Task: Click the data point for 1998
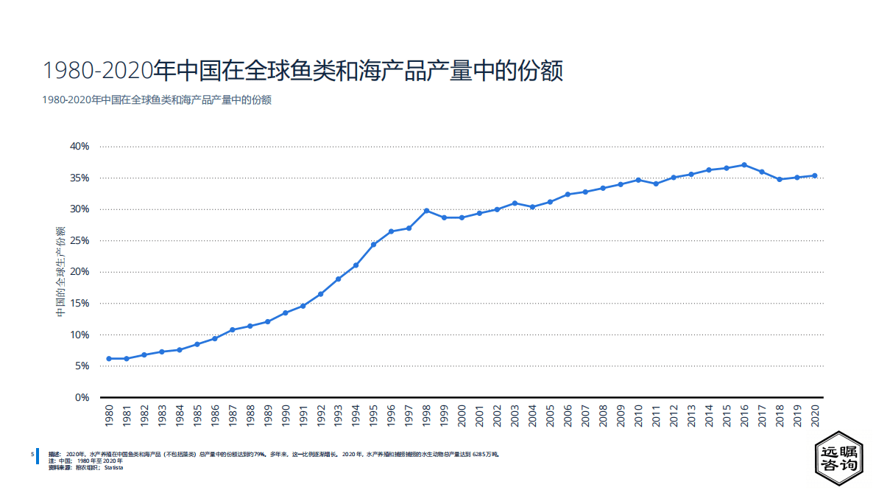pyautogui.click(x=427, y=211)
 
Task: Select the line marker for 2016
pyautogui.click(x=744, y=165)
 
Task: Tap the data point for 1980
pyautogui.click(x=109, y=359)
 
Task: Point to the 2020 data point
pyautogui.click(x=815, y=175)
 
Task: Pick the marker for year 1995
pyautogui.click(x=374, y=245)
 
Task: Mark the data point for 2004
pyautogui.click(x=532, y=207)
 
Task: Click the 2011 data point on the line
pyautogui.click(x=656, y=183)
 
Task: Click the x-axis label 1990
pyautogui.click(x=286, y=417)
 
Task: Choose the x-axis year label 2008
pyautogui.click(x=603, y=417)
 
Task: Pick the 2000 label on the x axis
pyautogui.click(x=462, y=417)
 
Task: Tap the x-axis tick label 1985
pyautogui.click(x=197, y=417)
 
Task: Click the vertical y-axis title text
pyautogui.click(x=61, y=272)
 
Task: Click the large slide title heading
pyautogui.click(x=303, y=71)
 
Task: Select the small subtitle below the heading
pyautogui.click(x=156, y=100)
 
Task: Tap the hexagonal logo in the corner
pyautogui.click(x=838, y=458)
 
